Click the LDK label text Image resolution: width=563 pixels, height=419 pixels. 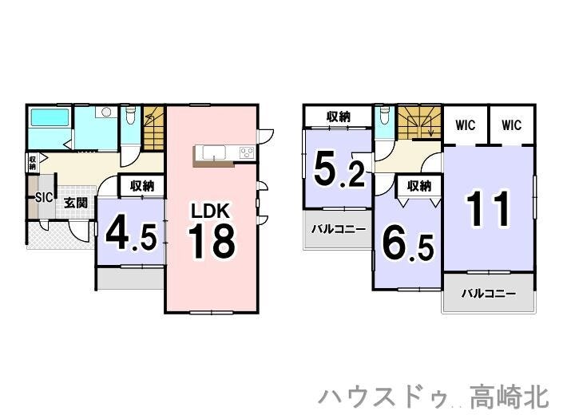point(210,211)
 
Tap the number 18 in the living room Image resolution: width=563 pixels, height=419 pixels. point(212,241)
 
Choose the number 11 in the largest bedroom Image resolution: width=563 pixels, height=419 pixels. point(488,208)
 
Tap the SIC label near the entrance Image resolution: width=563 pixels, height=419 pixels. point(44,197)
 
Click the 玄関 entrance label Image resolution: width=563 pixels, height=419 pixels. point(76,203)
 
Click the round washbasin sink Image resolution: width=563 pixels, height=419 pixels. point(106,112)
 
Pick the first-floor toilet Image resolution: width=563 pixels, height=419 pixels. point(131,115)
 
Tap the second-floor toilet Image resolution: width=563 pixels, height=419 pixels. point(385,114)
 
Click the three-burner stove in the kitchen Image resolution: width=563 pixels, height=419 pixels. point(247,152)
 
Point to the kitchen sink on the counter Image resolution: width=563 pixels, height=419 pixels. point(214,152)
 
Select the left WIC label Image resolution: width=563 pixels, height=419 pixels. point(466,125)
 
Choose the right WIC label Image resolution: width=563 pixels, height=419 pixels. point(511,125)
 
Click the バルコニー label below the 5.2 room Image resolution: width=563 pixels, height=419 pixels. point(339,229)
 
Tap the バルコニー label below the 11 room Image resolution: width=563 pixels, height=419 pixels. point(488,294)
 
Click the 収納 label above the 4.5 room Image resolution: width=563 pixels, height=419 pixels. point(142,186)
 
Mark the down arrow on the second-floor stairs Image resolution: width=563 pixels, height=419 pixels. point(431,128)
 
